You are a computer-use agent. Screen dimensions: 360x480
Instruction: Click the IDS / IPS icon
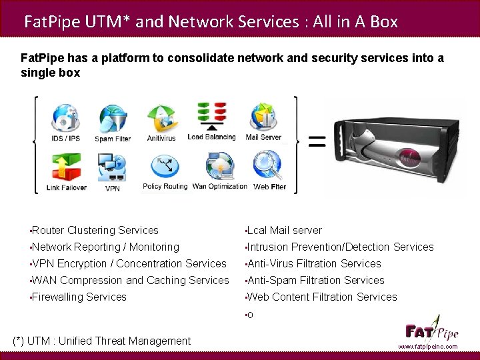click(65, 118)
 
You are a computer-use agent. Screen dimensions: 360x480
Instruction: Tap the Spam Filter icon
click(112, 119)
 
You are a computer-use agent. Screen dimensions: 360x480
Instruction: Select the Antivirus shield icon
click(161, 119)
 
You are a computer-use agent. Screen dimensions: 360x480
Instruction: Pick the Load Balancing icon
click(211, 116)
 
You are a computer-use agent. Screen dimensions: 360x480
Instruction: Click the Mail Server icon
click(263, 117)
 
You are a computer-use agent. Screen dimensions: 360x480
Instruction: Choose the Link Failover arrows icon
click(66, 167)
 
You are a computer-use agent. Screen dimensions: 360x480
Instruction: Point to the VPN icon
click(111, 167)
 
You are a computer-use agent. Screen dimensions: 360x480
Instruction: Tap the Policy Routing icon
click(165, 167)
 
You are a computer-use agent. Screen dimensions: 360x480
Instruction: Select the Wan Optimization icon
click(219, 166)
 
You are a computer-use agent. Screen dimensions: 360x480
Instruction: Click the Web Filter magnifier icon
click(269, 166)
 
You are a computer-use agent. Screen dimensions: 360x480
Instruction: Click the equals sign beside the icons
click(315, 141)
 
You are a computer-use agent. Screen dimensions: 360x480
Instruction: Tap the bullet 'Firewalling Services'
click(79, 297)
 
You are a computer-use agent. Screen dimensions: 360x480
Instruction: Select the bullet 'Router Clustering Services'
click(95, 231)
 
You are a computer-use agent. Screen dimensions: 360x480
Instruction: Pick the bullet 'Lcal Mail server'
click(285, 231)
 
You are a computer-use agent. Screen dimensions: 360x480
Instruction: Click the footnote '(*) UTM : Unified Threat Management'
click(102, 341)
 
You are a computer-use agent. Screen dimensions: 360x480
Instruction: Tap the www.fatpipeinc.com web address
click(428, 347)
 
